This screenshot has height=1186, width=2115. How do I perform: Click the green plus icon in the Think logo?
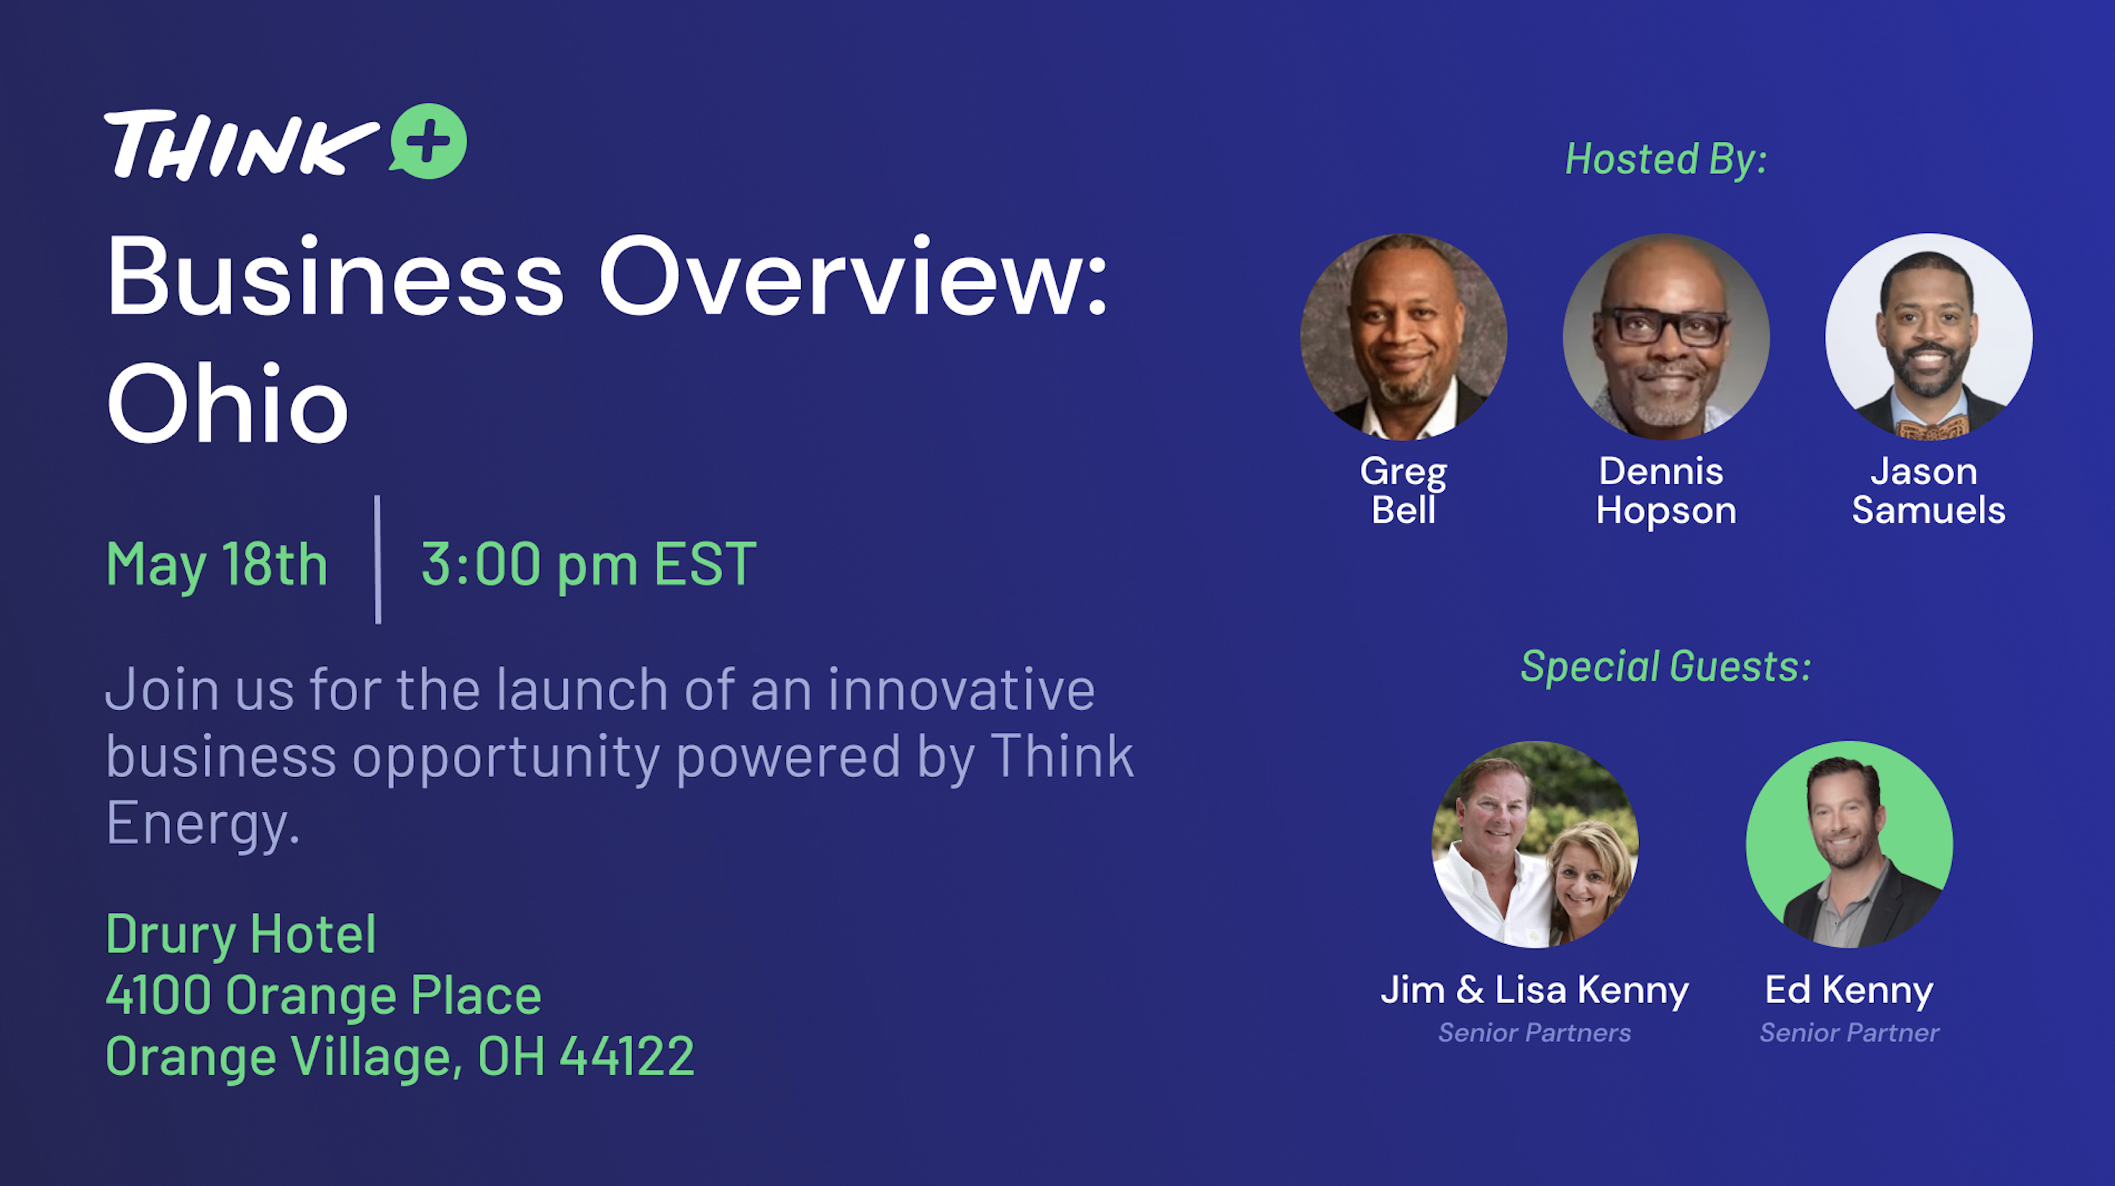tap(428, 141)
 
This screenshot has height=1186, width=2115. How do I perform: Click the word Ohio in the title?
tap(227, 403)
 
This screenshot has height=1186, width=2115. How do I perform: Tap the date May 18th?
tap(217, 565)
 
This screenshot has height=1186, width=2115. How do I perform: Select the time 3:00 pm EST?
tap(588, 565)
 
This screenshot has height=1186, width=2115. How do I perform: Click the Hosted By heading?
tap(1666, 158)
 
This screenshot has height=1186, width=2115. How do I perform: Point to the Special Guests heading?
tap(1666, 666)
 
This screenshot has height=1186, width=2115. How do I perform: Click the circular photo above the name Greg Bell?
tap(1403, 337)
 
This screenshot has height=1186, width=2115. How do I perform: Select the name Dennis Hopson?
tap(1666, 490)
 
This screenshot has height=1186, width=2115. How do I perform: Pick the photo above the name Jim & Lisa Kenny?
tap(1535, 845)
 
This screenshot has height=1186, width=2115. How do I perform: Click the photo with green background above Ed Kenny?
tap(1849, 845)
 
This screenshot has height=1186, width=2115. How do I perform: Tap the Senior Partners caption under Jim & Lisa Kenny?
tap(1535, 1032)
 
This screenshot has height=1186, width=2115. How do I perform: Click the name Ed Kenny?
tap(1849, 991)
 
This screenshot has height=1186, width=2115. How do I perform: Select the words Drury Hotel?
tap(241, 935)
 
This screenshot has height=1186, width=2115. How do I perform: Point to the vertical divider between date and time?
tap(378, 560)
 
